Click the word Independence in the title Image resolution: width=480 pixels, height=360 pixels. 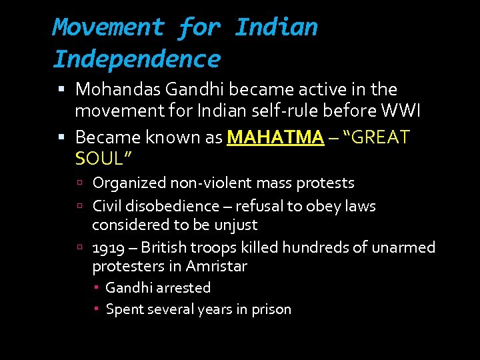coord(136,59)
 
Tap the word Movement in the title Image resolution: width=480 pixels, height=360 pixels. coord(108,27)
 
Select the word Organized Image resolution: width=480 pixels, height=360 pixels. coord(129,183)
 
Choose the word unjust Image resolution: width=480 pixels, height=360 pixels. coord(235,225)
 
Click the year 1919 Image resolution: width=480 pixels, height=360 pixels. coord(109,248)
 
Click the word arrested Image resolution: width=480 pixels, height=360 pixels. coord(183,288)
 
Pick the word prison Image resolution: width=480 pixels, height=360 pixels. coord(271,309)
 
